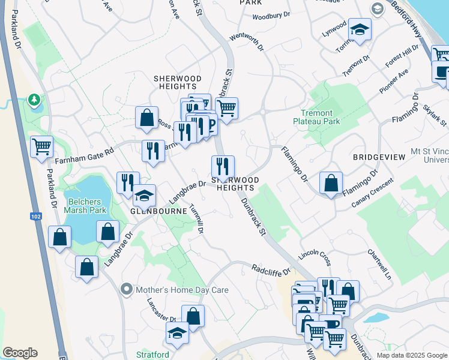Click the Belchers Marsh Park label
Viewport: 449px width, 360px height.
click(x=85, y=206)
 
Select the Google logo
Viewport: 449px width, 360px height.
click(x=20, y=353)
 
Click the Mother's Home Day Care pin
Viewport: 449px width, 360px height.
click(x=126, y=290)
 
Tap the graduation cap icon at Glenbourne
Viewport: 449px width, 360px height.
click(x=144, y=195)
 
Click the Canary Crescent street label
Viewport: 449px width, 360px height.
click(x=373, y=194)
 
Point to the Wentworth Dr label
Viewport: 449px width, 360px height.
click(x=247, y=44)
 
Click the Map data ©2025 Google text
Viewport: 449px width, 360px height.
click(x=412, y=355)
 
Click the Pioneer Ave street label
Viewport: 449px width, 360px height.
click(x=393, y=80)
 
